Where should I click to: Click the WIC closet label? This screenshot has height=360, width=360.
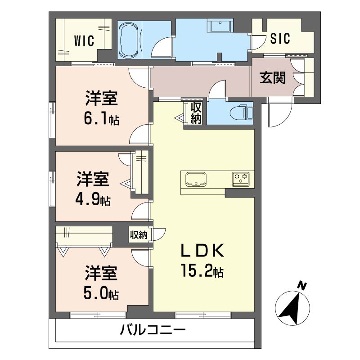coord(84,41)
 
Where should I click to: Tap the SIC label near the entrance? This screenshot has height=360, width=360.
coord(280,38)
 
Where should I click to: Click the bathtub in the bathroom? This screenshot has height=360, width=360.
coord(129,40)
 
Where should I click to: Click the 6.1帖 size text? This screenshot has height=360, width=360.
coord(101,120)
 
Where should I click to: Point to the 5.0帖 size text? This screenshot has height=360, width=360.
coord(101,294)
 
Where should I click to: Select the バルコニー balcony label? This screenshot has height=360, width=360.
coord(153,332)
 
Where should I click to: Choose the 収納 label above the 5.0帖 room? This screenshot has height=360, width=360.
coord(139,234)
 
